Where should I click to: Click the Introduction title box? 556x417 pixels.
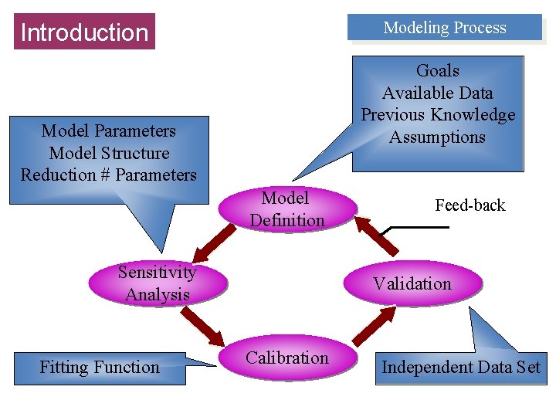click(84, 32)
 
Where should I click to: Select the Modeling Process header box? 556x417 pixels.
click(445, 28)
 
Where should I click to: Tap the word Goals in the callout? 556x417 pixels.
click(438, 71)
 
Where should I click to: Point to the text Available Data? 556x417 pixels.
click(438, 93)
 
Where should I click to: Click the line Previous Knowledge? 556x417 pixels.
click(438, 115)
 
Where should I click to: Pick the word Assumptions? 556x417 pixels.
click(438, 137)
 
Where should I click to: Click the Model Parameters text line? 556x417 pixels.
click(108, 131)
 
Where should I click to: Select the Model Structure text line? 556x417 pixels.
click(108, 153)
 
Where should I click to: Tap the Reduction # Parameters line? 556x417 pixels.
click(108, 175)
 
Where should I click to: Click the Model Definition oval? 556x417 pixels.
click(287, 209)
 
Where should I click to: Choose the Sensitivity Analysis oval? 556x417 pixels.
click(158, 283)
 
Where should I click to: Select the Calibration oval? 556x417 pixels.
click(287, 358)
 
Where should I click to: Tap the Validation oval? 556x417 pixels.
click(412, 283)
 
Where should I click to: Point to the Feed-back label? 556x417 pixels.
click(470, 205)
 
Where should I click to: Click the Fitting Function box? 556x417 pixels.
click(100, 368)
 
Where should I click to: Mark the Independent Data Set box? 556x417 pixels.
click(461, 367)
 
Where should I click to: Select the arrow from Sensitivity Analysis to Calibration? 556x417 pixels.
click(206, 327)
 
